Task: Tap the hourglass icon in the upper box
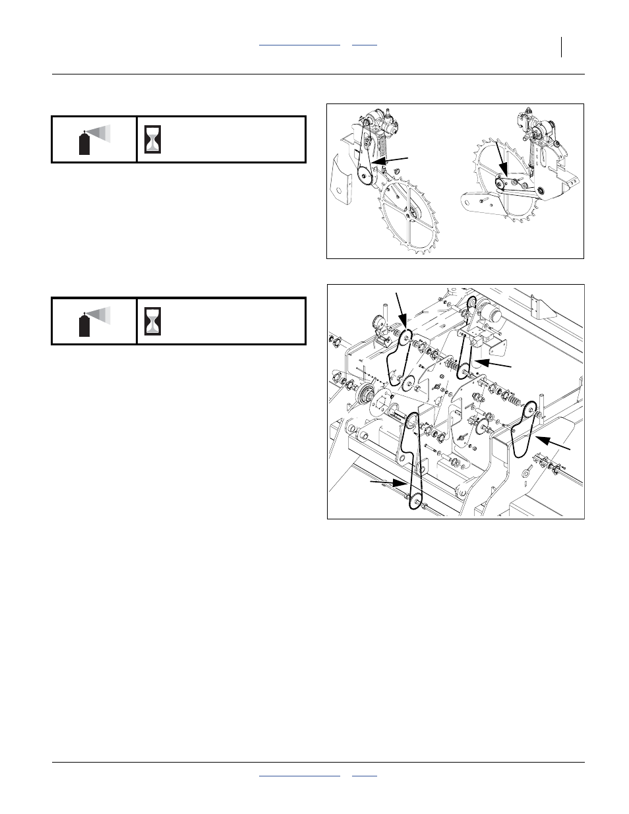pyautogui.click(x=154, y=139)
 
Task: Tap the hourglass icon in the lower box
pyautogui.click(x=154, y=321)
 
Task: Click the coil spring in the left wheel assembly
pyautogui.click(x=382, y=144)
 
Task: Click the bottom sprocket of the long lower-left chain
pyautogui.click(x=415, y=504)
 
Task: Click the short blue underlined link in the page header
pyautogui.click(x=365, y=44)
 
